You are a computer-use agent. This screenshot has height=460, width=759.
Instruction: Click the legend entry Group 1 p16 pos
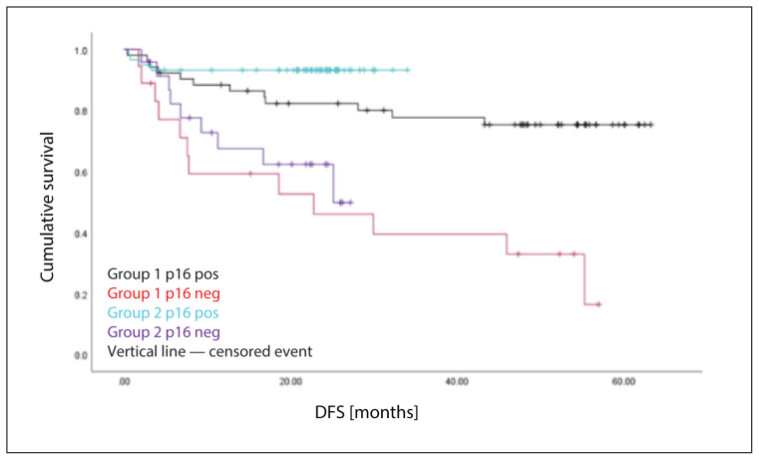coord(164,274)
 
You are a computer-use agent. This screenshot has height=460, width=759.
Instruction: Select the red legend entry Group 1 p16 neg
coord(164,293)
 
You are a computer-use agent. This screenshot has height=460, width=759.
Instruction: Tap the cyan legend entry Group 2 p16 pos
coord(164,312)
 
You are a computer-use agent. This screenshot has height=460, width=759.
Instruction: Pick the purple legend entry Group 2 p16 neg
coord(164,332)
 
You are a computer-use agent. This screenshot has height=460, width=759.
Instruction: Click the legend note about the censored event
coord(209,351)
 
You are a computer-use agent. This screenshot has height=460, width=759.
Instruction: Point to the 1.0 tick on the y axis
coord(81,51)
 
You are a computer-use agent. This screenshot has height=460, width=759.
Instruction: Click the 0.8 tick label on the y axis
coord(81,112)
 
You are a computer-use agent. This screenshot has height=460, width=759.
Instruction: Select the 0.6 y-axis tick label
coord(81,173)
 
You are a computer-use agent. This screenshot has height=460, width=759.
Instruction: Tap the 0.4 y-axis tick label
coord(81,233)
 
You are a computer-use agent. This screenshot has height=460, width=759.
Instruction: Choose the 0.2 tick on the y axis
coord(81,295)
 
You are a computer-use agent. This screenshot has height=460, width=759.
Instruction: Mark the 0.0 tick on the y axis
coord(81,355)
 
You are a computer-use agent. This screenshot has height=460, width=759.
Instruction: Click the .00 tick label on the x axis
coord(125,382)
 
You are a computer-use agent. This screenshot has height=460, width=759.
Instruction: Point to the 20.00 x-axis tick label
coord(290,382)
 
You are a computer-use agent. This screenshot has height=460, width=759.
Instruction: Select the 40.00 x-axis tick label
coord(457,382)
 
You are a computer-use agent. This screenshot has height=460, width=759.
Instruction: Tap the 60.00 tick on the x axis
coord(623,382)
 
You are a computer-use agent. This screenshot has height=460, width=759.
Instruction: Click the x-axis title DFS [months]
coord(366,412)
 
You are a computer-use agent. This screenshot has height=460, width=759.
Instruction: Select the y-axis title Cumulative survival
coord(47,207)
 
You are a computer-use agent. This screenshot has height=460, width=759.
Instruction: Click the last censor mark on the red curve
coord(598,304)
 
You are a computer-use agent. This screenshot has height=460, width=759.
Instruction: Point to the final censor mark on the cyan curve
coord(408,70)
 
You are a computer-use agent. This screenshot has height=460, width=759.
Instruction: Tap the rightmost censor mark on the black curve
coord(650,125)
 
